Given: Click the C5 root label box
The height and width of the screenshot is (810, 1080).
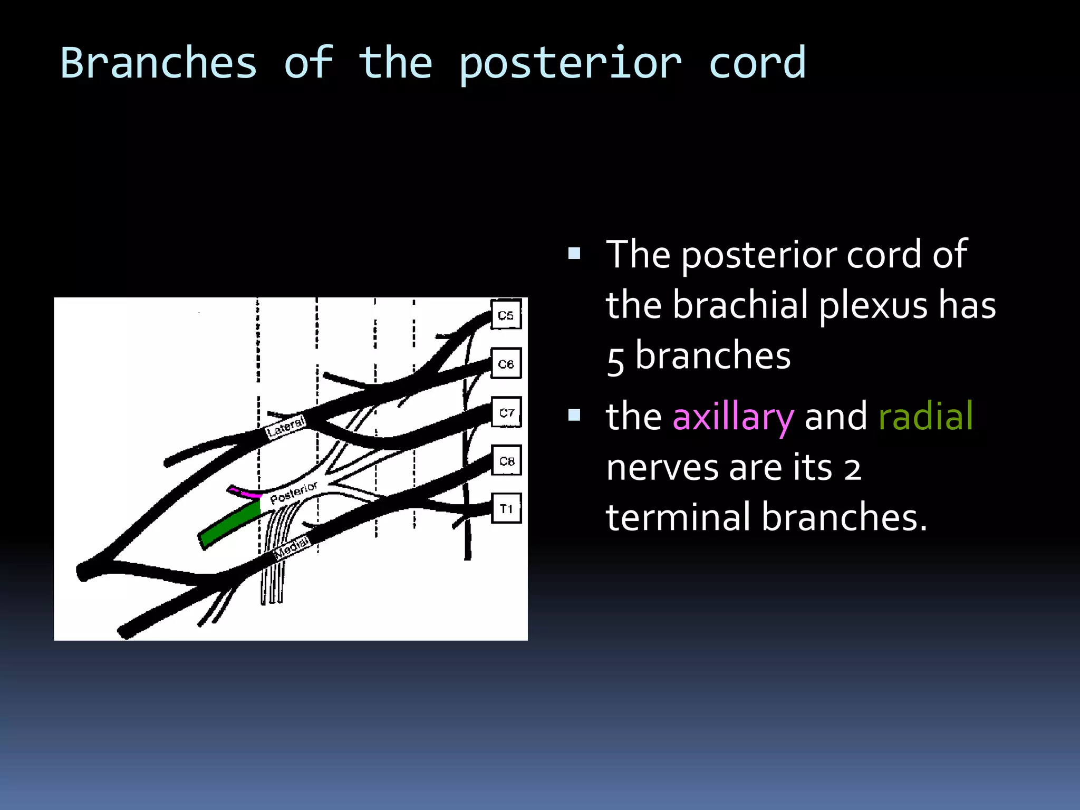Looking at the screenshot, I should (506, 315).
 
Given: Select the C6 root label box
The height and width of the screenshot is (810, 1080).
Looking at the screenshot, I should (506, 363).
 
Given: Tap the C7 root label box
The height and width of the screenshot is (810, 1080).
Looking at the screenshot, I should (506, 412).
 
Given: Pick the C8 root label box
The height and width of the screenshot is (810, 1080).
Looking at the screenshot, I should (506, 460).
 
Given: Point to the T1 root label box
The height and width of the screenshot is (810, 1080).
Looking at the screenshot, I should (506, 508).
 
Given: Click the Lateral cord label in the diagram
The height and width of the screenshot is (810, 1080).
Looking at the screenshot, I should (285, 427).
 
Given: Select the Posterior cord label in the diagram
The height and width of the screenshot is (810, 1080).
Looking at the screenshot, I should (293, 492).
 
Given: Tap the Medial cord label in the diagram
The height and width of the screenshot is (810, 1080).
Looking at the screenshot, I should (292, 547).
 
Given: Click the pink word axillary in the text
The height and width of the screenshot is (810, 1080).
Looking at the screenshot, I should (732, 417).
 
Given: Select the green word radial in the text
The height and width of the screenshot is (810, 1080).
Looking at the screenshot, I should (925, 416).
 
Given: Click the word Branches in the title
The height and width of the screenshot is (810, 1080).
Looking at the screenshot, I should (158, 63).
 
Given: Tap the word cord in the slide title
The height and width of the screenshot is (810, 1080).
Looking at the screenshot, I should (757, 63).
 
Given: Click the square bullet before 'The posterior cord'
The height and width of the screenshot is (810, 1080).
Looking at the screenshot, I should (574, 254).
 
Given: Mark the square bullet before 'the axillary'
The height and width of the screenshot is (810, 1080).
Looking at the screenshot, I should (574, 416).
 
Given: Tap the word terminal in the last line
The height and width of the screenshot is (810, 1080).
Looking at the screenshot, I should (680, 517).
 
